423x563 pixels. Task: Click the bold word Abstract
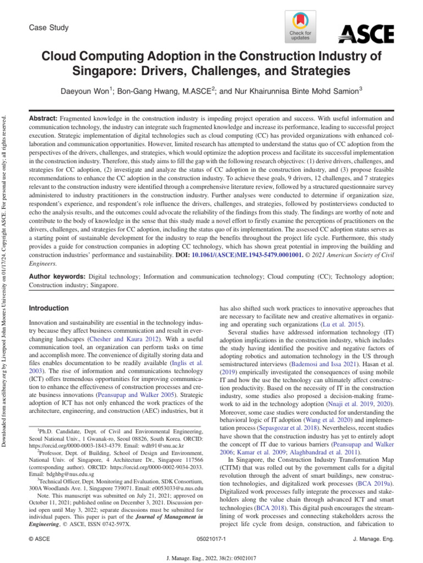(x=42, y=119)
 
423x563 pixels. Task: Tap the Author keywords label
(x=57, y=277)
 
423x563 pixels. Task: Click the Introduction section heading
(x=48, y=308)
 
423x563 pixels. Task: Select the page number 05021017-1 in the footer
(x=211, y=540)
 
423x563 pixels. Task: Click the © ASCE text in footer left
(x=39, y=540)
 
